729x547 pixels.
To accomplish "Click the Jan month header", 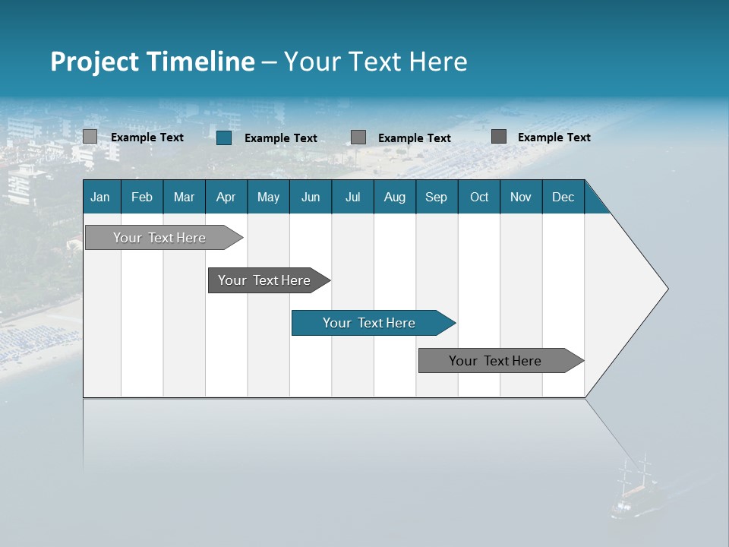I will tap(100, 197).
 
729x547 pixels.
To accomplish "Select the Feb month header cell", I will tap(142, 197).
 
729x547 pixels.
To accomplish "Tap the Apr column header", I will tap(226, 197).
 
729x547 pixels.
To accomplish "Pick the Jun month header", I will tap(311, 197).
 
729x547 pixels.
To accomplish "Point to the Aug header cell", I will tap(395, 197).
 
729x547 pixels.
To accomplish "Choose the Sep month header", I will tap(437, 197).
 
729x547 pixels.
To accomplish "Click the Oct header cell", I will tap(479, 197).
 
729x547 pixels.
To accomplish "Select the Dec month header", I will tap(563, 197).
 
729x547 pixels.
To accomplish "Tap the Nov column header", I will tap(521, 197).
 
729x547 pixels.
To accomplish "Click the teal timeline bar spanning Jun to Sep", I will tap(370, 323).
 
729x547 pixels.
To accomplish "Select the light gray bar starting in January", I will tap(159, 238).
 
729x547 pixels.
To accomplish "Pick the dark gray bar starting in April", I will tap(265, 280).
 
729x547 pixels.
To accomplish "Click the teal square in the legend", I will tap(224, 138).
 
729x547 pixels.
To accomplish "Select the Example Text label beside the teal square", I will tap(281, 138).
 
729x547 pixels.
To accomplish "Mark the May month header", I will tap(268, 197).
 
